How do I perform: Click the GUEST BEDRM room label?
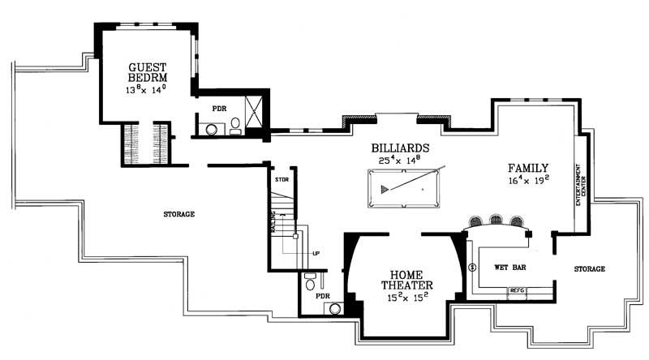[x=147, y=72]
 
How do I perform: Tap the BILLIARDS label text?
[x=400, y=148]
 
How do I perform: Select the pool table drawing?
[x=404, y=188]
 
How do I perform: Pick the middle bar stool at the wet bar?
[x=496, y=220]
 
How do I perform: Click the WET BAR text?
[x=509, y=267]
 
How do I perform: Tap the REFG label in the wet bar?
[x=517, y=289]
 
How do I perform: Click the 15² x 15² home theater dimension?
[x=407, y=298]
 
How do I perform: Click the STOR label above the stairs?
[x=282, y=179]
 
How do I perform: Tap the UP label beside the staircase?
[x=317, y=253]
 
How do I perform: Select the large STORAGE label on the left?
[x=178, y=214]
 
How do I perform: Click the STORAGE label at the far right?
[x=590, y=269]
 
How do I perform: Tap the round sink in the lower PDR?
[x=335, y=307]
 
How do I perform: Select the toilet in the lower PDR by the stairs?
[x=309, y=281]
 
